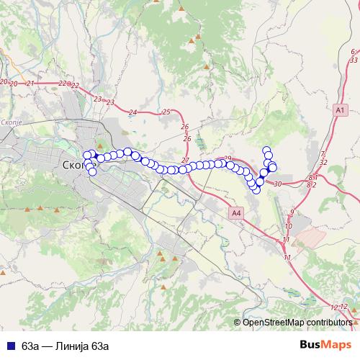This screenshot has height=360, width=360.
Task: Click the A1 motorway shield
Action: click(341, 109)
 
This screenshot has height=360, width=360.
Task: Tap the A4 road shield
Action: click(237, 213)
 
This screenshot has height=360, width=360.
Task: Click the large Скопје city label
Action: click(77, 165)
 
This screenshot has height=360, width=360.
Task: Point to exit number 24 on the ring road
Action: click(132, 112)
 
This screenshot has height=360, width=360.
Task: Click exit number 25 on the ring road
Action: click(167, 112)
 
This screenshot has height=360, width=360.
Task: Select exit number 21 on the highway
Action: click(30, 84)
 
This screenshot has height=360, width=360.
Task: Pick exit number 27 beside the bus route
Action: click(186, 159)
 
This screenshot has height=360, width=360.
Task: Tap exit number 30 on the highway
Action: click(278, 184)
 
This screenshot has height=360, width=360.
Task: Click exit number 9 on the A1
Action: click(292, 211)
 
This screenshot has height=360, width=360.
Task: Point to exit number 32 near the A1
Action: click(323, 163)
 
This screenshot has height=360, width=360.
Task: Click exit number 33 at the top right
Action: click(353, 60)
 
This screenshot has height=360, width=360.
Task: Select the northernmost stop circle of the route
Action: click(266, 150)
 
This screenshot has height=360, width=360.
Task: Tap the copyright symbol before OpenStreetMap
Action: click(240, 323)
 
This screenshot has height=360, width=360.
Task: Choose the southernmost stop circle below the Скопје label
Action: click(92, 171)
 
